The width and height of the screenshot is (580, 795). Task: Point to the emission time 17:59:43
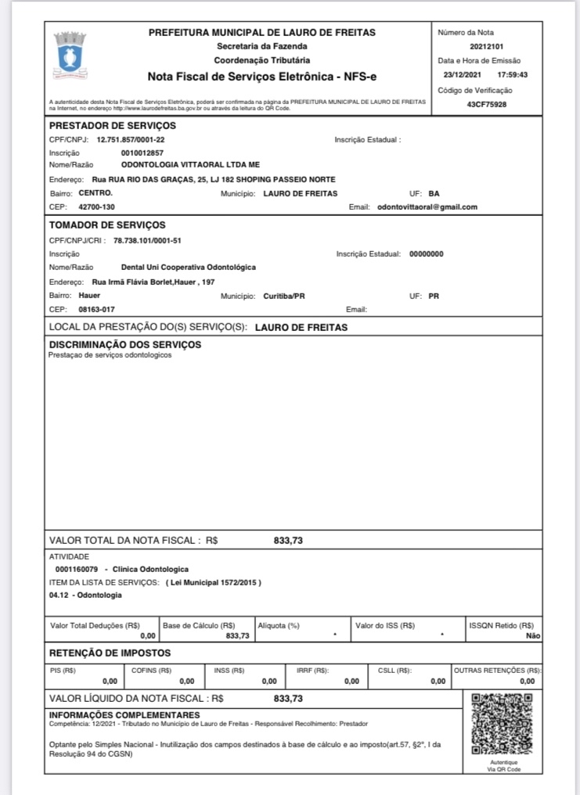pyautogui.click(x=513, y=75)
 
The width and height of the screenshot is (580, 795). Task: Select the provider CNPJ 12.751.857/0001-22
pyautogui.click(x=131, y=139)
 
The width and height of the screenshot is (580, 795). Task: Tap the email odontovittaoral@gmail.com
pyautogui.click(x=427, y=207)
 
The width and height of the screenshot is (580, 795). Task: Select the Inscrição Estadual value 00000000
pyautogui.click(x=427, y=254)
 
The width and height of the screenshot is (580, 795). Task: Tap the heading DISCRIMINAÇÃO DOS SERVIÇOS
pyautogui.click(x=125, y=344)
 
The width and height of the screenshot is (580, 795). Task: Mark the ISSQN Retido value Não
pyautogui.click(x=534, y=636)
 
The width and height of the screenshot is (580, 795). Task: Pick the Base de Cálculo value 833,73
pyautogui.click(x=237, y=636)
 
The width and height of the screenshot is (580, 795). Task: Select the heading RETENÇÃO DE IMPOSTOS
pyautogui.click(x=110, y=653)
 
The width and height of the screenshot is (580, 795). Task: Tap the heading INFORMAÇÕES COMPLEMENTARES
pyautogui.click(x=124, y=714)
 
